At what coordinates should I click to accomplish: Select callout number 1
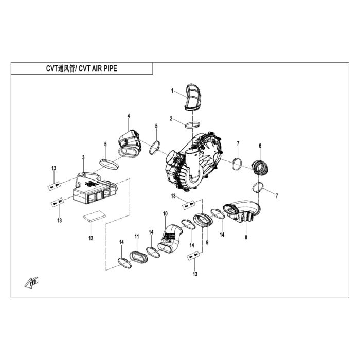(x=172, y=91)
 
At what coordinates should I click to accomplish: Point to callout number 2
(x=171, y=119)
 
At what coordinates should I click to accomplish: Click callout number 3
(x=83, y=157)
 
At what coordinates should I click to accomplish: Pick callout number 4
(x=129, y=116)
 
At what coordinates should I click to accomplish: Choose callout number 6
(x=260, y=146)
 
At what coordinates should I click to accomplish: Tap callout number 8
(x=246, y=237)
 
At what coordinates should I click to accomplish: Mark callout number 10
(x=165, y=214)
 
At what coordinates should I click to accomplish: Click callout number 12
(x=91, y=238)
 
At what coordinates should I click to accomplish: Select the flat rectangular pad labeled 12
(x=94, y=216)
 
